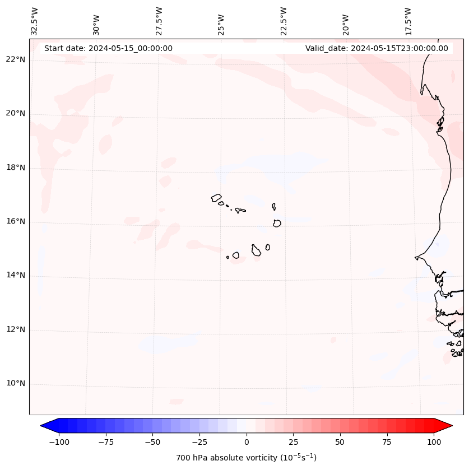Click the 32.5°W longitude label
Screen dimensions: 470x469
35,21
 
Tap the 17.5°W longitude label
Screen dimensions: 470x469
408,21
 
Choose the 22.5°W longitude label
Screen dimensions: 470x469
284,21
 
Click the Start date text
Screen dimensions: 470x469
108,48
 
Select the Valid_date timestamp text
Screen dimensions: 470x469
377,48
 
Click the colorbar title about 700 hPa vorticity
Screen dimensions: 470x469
246,458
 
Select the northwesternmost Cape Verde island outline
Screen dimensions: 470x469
216,198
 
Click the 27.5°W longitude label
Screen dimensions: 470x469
159,21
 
